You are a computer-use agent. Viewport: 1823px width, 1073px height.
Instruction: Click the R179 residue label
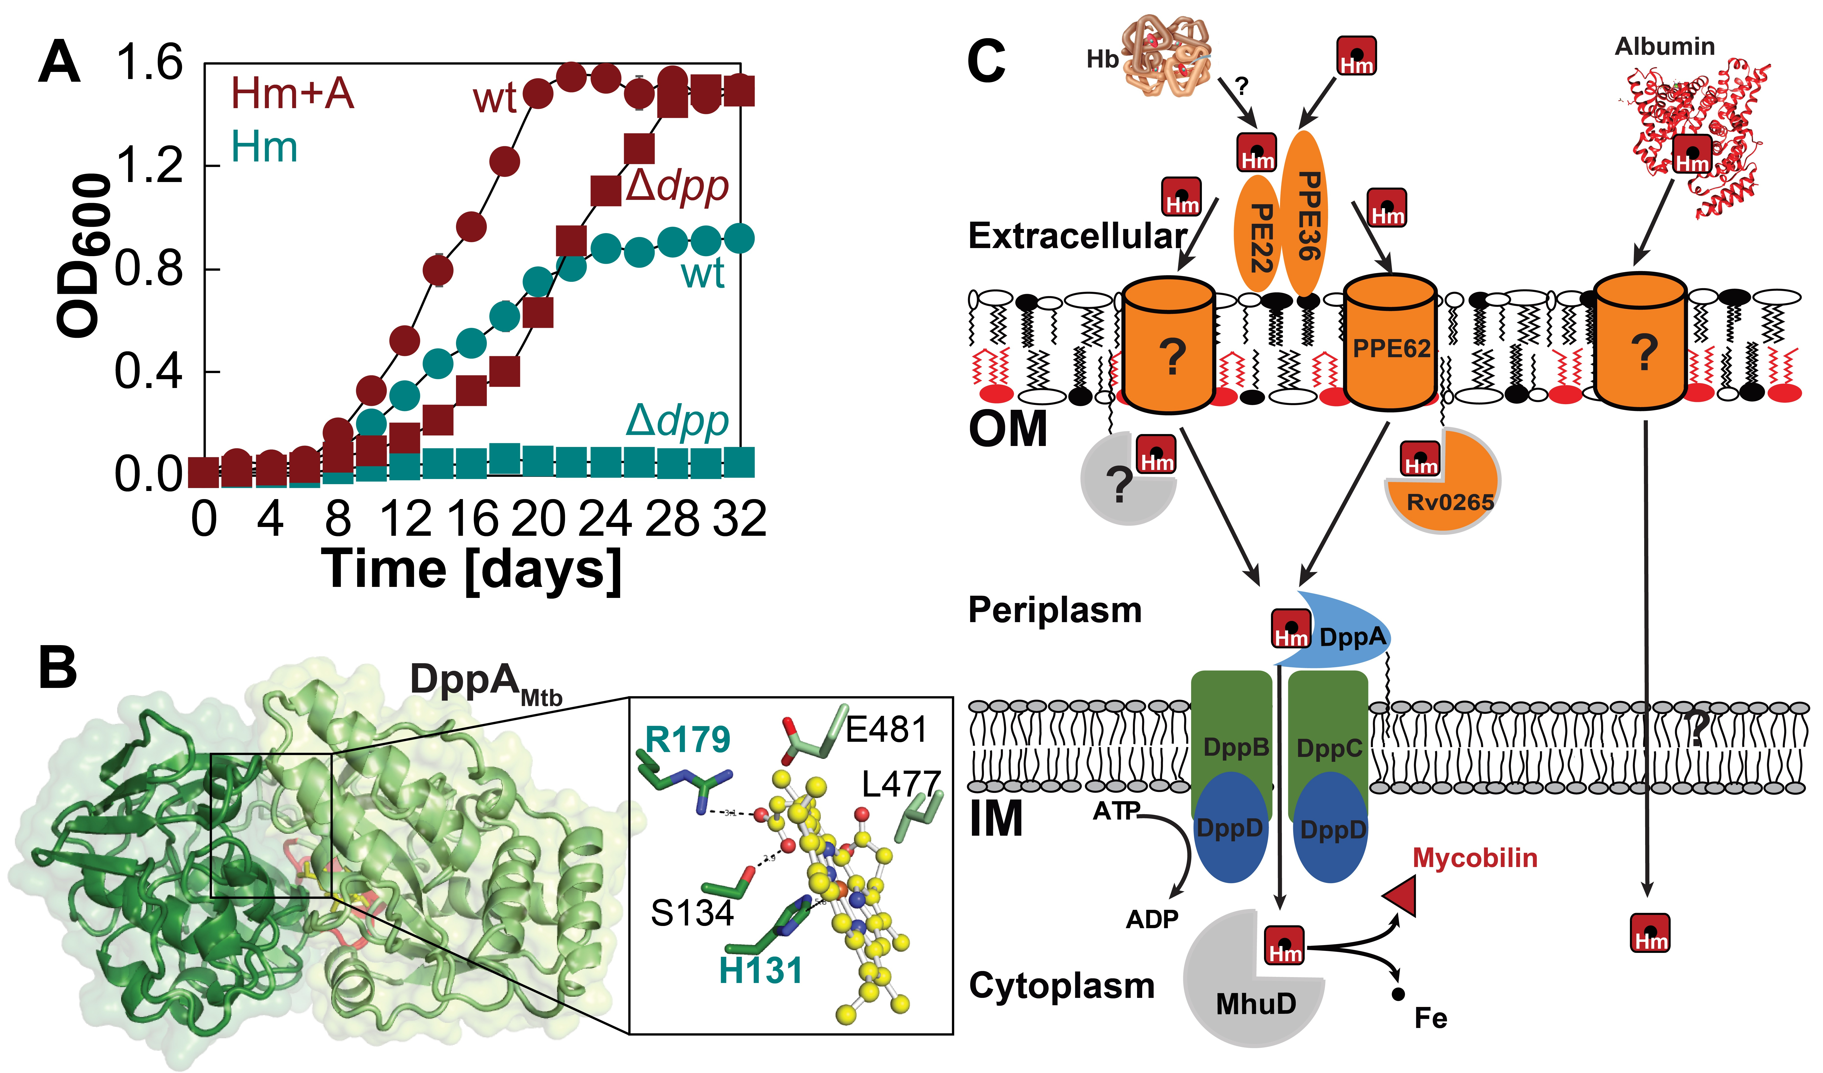(687, 740)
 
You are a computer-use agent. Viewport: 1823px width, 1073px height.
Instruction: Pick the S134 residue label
(692, 913)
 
